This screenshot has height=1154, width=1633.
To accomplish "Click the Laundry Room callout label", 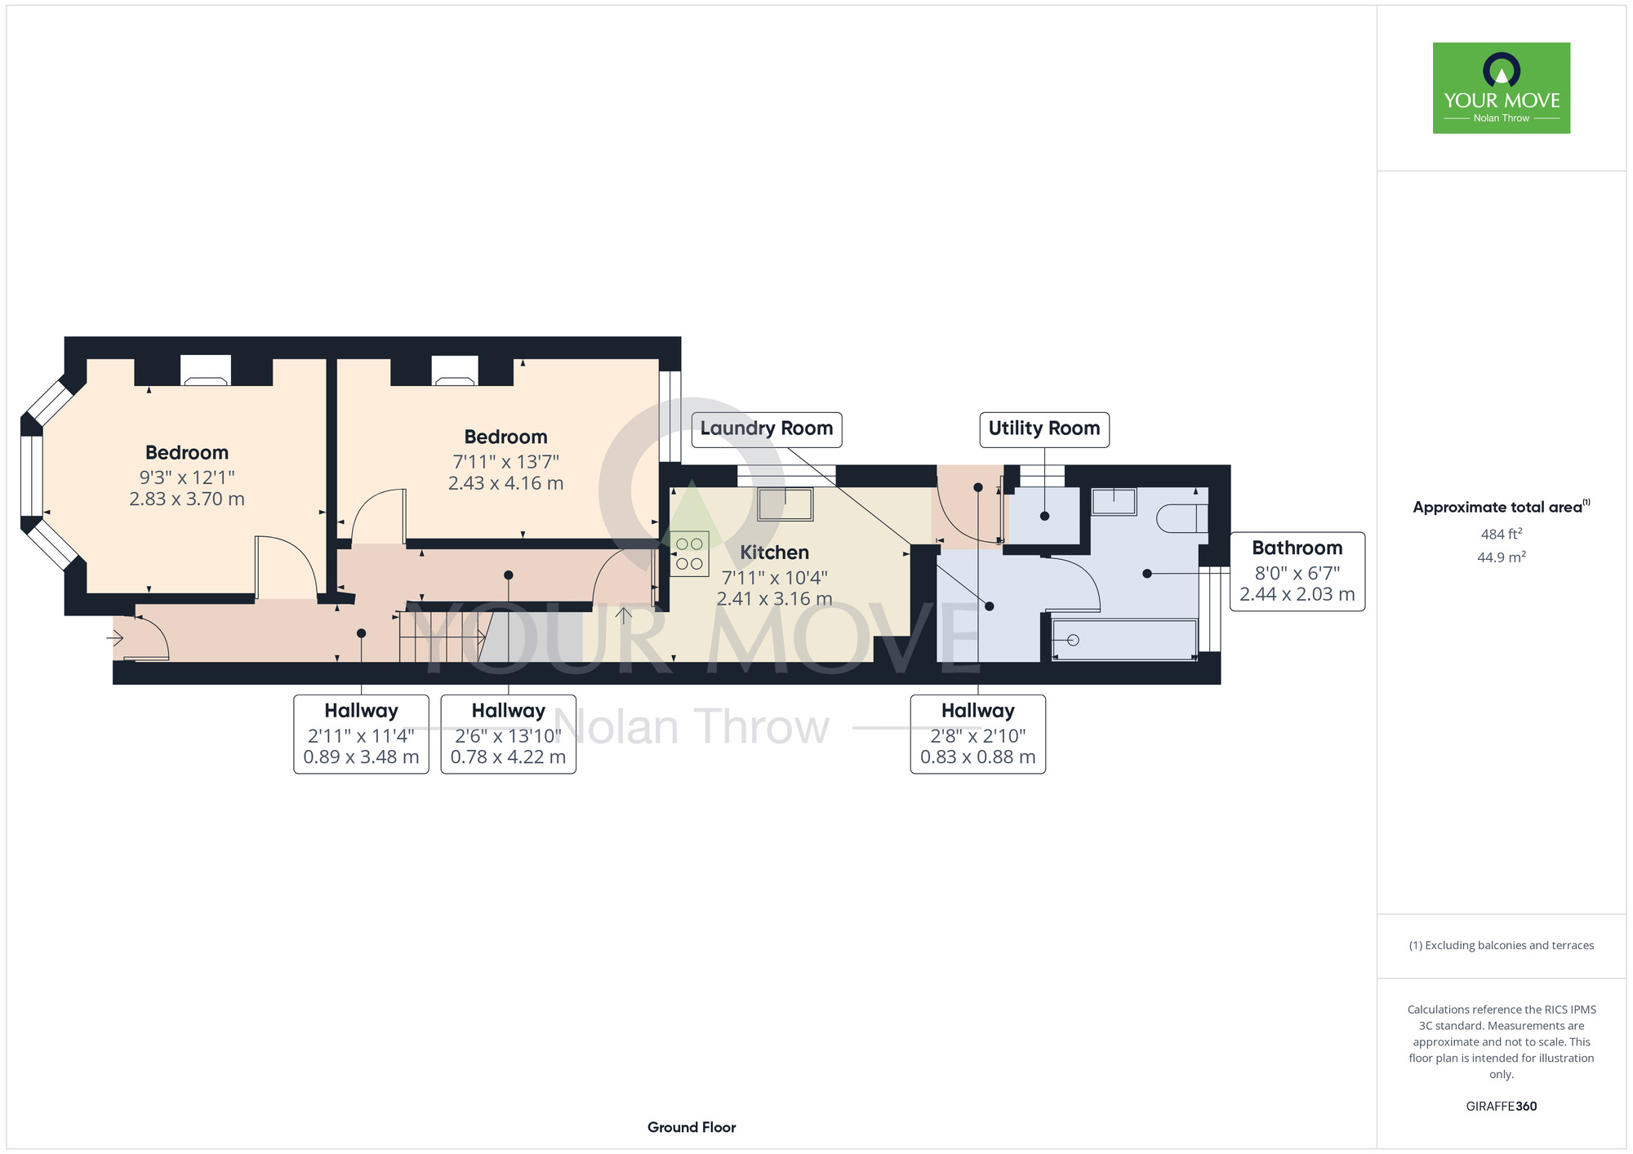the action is coord(766,429).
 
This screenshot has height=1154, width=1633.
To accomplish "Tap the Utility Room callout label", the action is coord(1044,429).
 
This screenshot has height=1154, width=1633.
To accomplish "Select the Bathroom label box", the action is coord(1297,571).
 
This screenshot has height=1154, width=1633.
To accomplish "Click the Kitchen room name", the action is coord(774,553).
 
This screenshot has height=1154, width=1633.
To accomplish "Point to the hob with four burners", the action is coord(690,554).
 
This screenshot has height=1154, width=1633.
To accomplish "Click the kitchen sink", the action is coord(785,504).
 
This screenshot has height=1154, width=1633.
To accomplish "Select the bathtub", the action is coord(1125,640).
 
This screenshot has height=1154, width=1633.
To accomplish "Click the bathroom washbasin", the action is coord(1114,501).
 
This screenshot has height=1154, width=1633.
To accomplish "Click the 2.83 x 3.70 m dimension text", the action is coord(187,499).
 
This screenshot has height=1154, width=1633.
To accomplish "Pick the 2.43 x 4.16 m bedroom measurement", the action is coord(506,483).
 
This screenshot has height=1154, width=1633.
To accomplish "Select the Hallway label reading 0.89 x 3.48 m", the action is coord(361,734).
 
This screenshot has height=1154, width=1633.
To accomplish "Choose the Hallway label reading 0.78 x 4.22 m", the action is coord(508,734).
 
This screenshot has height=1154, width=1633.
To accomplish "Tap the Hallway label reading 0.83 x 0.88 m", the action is coord(978,734).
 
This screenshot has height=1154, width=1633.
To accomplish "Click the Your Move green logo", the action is coord(1502,88).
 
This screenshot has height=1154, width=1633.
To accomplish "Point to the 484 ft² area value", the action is coord(1502,534).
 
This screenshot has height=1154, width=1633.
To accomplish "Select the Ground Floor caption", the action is coord(692,1127).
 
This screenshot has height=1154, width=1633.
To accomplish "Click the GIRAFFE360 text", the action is coord(1502,1107).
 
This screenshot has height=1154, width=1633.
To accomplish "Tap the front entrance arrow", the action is coord(114,637).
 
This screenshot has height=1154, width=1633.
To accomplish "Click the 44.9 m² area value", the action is coord(1502,557).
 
